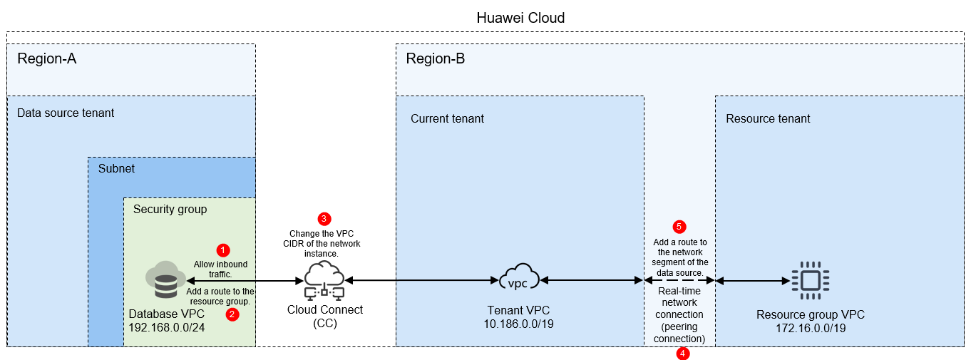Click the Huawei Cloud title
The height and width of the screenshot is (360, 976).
click(x=520, y=18)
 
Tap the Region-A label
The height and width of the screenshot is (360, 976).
click(x=46, y=58)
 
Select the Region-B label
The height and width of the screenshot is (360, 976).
click(x=436, y=58)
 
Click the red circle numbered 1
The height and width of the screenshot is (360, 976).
click(x=223, y=250)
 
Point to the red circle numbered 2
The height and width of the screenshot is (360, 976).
click(x=232, y=314)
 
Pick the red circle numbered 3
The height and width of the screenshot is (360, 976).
click(x=324, y=219)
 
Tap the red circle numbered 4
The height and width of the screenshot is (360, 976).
click(x=683, y=354)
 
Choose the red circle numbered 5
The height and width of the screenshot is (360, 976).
click(x=679, y=227)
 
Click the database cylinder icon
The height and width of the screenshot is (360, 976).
click(x=166, y=280)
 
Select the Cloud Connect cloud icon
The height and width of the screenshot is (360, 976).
click(x=324, y=280)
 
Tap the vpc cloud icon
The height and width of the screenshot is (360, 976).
click(x=519, y=277)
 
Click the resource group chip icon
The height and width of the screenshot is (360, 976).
click(x=811, y=280)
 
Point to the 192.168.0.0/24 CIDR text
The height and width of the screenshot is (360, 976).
click(x=166, y=327)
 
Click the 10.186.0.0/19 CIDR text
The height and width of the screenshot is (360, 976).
click(x=518, y=324)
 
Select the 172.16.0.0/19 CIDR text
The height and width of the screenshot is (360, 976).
click(x=811, y=328)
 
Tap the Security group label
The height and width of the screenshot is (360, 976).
click(x=170, y=209)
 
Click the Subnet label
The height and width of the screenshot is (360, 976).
click(x=116, y=169)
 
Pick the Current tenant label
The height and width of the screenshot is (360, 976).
click(x=447, y=118)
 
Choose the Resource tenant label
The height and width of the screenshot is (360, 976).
click(x=768, y=118)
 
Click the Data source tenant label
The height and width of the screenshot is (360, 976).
click(x=66, y=113)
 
